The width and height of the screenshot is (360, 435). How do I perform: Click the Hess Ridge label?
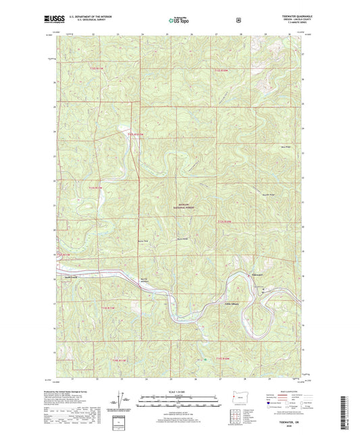click(x=283, y=148)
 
